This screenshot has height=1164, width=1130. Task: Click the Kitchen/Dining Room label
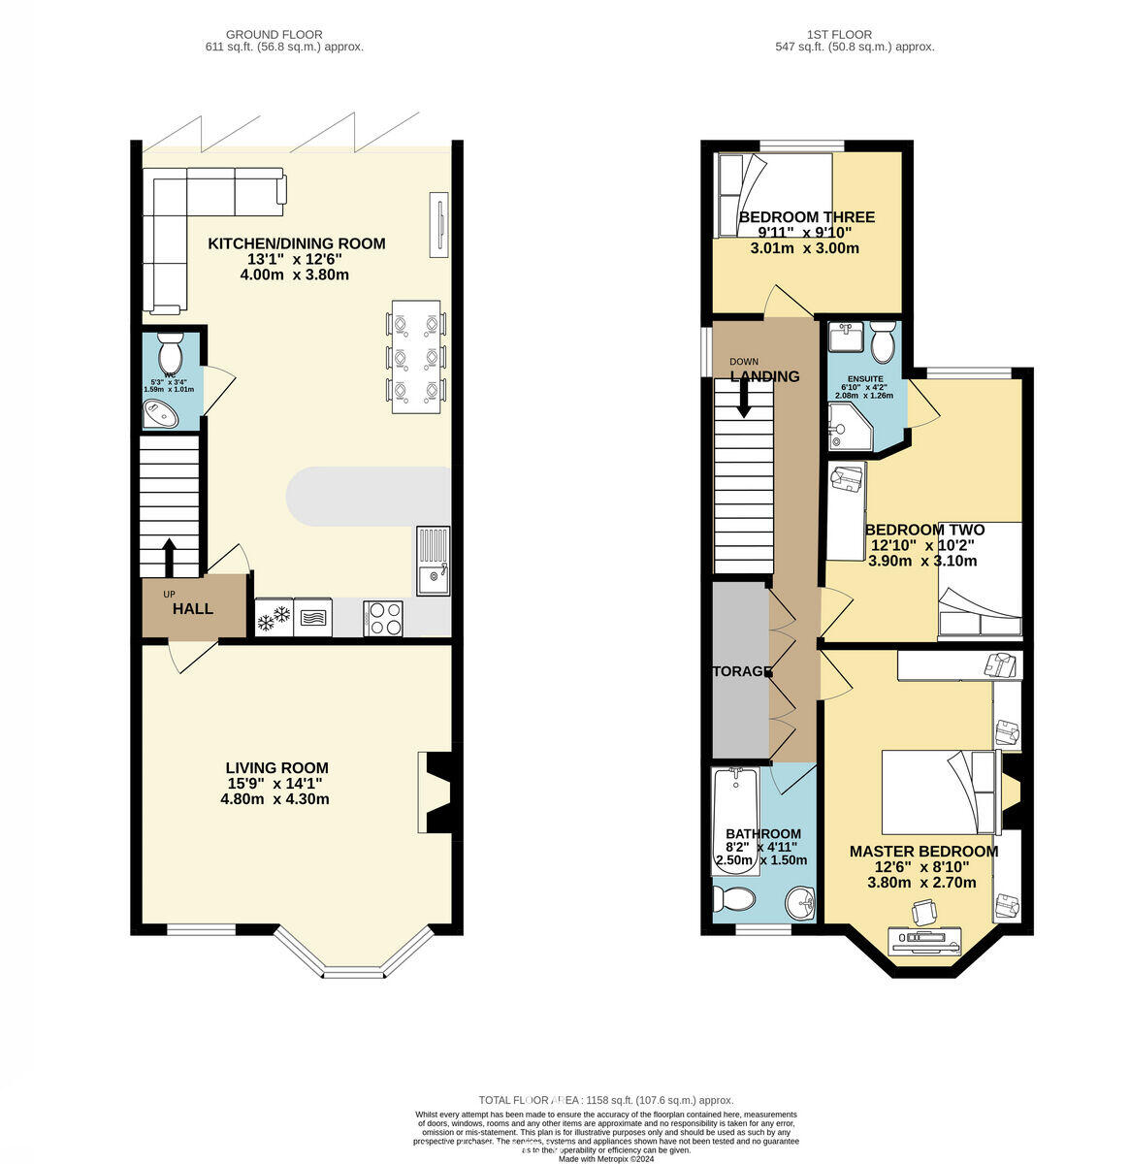296,243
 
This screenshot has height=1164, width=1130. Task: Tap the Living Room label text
276,767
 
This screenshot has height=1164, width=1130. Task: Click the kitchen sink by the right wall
434,560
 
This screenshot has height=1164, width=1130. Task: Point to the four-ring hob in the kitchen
384,618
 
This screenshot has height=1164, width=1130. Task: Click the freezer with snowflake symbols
274,617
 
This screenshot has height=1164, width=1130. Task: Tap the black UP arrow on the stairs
169,558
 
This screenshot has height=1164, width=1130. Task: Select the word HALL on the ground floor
193,609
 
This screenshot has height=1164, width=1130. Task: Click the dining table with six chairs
416,356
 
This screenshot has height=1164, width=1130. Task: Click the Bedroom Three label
806,217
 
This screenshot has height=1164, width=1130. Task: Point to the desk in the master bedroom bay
925,939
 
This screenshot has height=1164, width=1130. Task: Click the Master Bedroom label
922,852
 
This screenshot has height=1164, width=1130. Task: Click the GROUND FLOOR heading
274,35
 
